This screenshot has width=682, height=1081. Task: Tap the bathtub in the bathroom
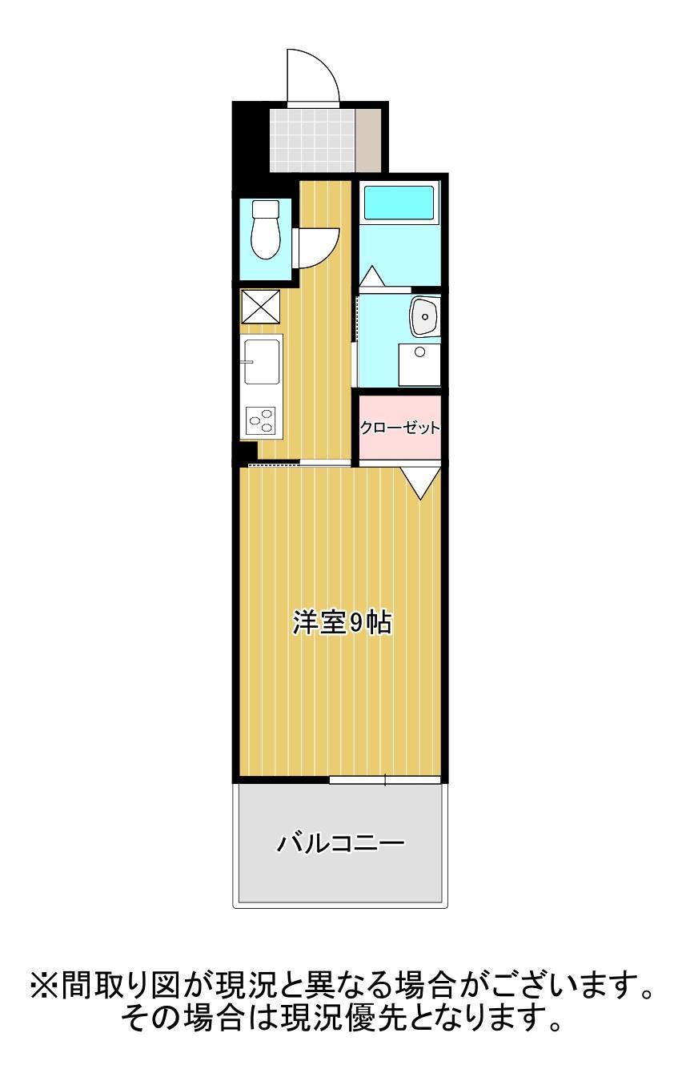[x=399, y=203]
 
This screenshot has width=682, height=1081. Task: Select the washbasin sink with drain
[x=423, y=318]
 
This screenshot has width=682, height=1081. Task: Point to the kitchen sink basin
[x=262, y=363]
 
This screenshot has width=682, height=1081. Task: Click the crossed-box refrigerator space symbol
[x=261, y=306]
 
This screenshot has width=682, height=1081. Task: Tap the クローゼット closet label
[x=399, y=428]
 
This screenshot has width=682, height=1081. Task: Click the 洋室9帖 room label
[x=341, y=622]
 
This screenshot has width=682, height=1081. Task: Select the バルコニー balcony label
[x=341, y=843]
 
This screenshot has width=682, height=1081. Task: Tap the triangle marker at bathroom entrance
[x=371, y=276]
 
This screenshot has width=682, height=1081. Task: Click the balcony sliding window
[x=385, y=779]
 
